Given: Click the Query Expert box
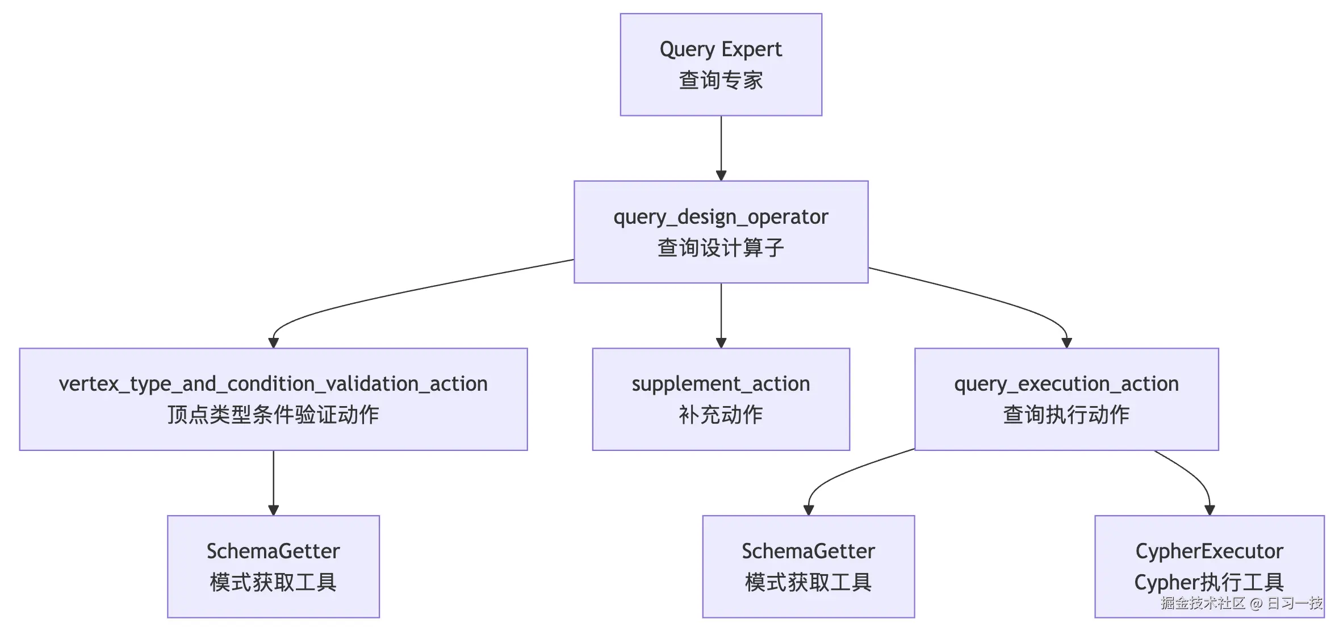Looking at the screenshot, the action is (x=721, y=65).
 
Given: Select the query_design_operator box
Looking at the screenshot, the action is (x=721, y=232).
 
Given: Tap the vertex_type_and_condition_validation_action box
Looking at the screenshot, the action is (x=273, y=399).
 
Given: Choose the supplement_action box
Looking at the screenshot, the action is (x=721, y=399).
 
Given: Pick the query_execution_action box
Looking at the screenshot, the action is (x=1066, y=399).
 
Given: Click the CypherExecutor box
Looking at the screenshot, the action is (x=1210, y=566).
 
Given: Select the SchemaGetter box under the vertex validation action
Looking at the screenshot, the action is (x=273, y=566).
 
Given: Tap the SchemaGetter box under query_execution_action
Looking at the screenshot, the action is (x=808, y=566).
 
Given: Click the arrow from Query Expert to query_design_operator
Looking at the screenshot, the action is (x=721, y=148).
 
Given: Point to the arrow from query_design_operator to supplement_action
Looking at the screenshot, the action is (x=721, y=315).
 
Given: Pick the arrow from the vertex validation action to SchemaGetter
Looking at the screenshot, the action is (x=273, y=483).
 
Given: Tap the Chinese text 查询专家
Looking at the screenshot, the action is (x=721, y=80).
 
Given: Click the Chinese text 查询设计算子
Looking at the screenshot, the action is (x=721, y=248).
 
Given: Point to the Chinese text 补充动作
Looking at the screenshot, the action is (x=721, y=415).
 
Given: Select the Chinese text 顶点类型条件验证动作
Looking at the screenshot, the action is (x=273, y=415).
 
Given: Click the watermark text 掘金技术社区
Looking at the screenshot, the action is (x=1203, y=603).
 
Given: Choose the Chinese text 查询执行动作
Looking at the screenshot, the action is (x=1066, y=415).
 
